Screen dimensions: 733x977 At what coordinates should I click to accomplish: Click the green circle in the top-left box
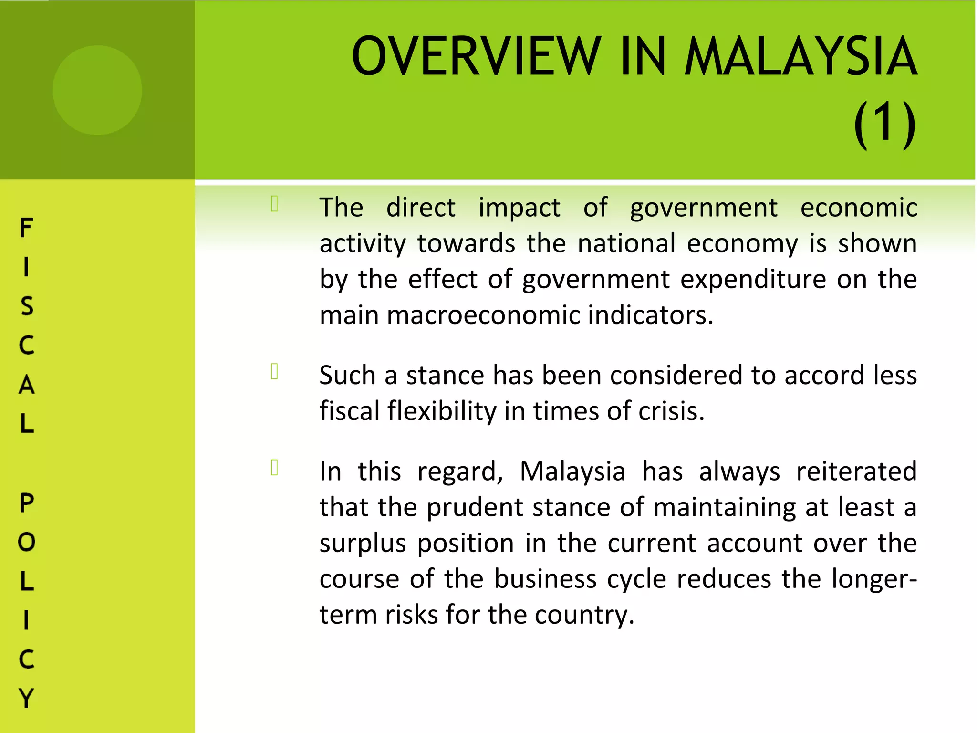(97, 90)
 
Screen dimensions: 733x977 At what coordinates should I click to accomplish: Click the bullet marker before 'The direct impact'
(274, 204)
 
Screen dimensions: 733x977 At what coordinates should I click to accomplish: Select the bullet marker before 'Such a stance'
(274, 371)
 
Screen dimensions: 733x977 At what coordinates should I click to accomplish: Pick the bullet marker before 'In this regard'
(274, 468)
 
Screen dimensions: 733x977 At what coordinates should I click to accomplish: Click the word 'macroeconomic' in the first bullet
(484, 315)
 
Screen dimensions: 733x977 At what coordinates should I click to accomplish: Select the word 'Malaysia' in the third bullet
(572, 471)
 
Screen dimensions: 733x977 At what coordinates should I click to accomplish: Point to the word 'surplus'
(363, 544)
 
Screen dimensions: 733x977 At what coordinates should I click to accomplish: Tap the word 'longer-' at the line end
(874, 580)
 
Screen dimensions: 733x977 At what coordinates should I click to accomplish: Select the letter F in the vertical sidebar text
(26, 228)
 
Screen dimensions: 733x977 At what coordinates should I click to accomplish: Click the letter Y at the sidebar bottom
(26, 698)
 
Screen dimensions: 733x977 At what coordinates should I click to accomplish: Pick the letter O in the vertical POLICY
(26, 542)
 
